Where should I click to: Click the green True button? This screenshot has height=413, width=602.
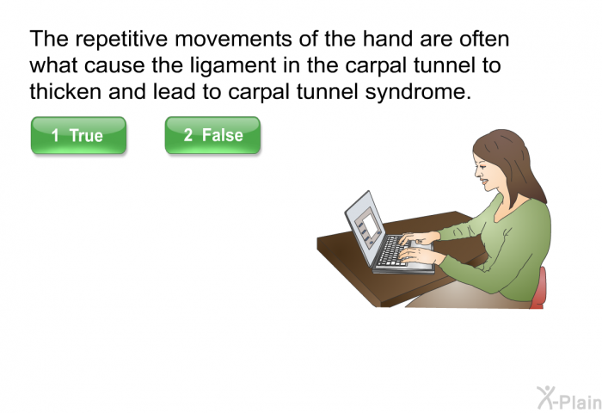pyautogui.click(x=79, y=135)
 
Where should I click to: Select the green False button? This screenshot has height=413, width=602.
pyautogui.click(x=212, y=135)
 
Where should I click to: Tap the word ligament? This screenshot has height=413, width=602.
pyautogui.click(x=233, y=65)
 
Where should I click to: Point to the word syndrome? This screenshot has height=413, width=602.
pyautogui.click(x=418, y=92)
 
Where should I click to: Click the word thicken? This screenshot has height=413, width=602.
pyautogui.click(x=65, y=91)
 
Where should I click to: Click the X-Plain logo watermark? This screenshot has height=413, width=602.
pyautogui.click(x=569, y=398)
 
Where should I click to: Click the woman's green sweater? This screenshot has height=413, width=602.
pyautogui.click(x=507, y=250)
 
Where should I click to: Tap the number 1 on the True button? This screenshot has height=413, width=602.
pyautogui.click(x=55, y=136)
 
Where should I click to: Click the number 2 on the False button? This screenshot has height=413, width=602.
pyautogui.click(x=188, y=135)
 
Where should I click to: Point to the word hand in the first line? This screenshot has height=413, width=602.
pyautogui.click(x=388, y=39)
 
